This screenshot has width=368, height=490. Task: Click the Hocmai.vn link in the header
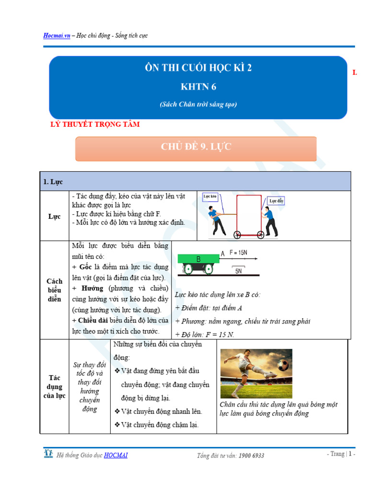click(57, 36)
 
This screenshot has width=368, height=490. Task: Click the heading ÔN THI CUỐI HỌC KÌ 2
click(198, 67)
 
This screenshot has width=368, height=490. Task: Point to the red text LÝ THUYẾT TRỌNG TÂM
click(95, 124)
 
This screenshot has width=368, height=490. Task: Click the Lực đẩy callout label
click(276, 201)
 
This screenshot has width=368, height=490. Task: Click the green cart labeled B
click(198, 259)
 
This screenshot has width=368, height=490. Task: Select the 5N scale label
click(239, 271)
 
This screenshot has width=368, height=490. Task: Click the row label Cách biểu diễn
click(54, 290)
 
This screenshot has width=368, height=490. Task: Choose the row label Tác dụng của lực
click(54, 386)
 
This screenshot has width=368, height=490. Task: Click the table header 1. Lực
click(53, 182)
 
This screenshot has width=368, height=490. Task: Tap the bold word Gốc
click(85, 267)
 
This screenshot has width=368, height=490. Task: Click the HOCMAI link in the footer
click(115, 455)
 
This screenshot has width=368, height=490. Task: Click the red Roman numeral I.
click(355, 73)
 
